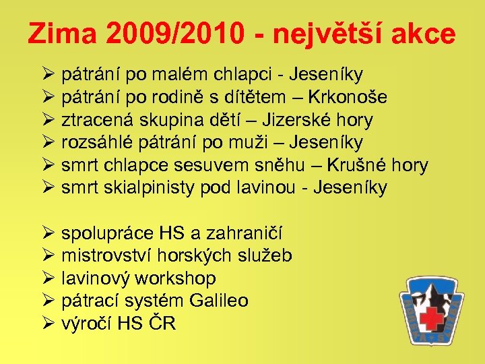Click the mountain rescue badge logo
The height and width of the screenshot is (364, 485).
[431, 310]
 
